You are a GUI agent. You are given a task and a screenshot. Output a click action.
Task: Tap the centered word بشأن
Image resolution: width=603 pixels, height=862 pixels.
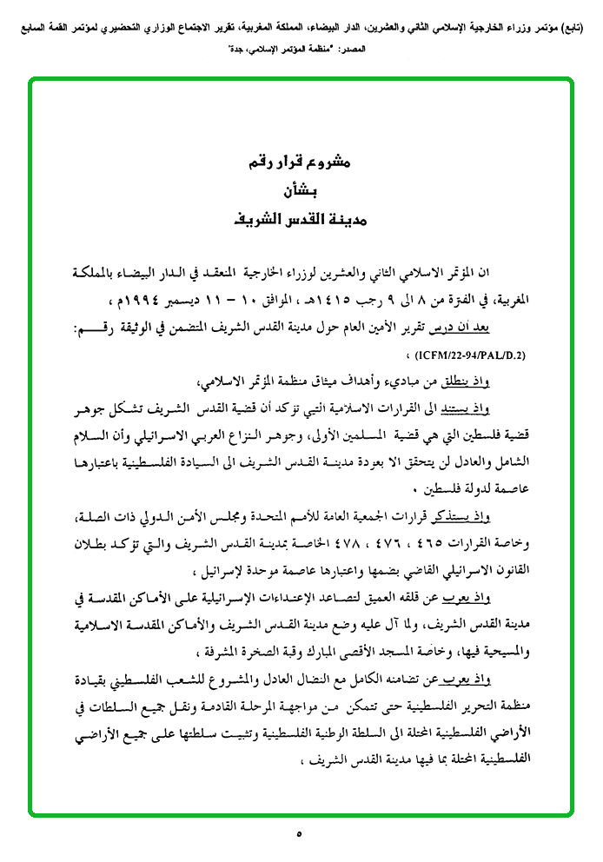point(301,190)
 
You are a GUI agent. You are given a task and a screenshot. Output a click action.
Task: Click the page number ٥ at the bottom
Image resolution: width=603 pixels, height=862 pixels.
point(299,835)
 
